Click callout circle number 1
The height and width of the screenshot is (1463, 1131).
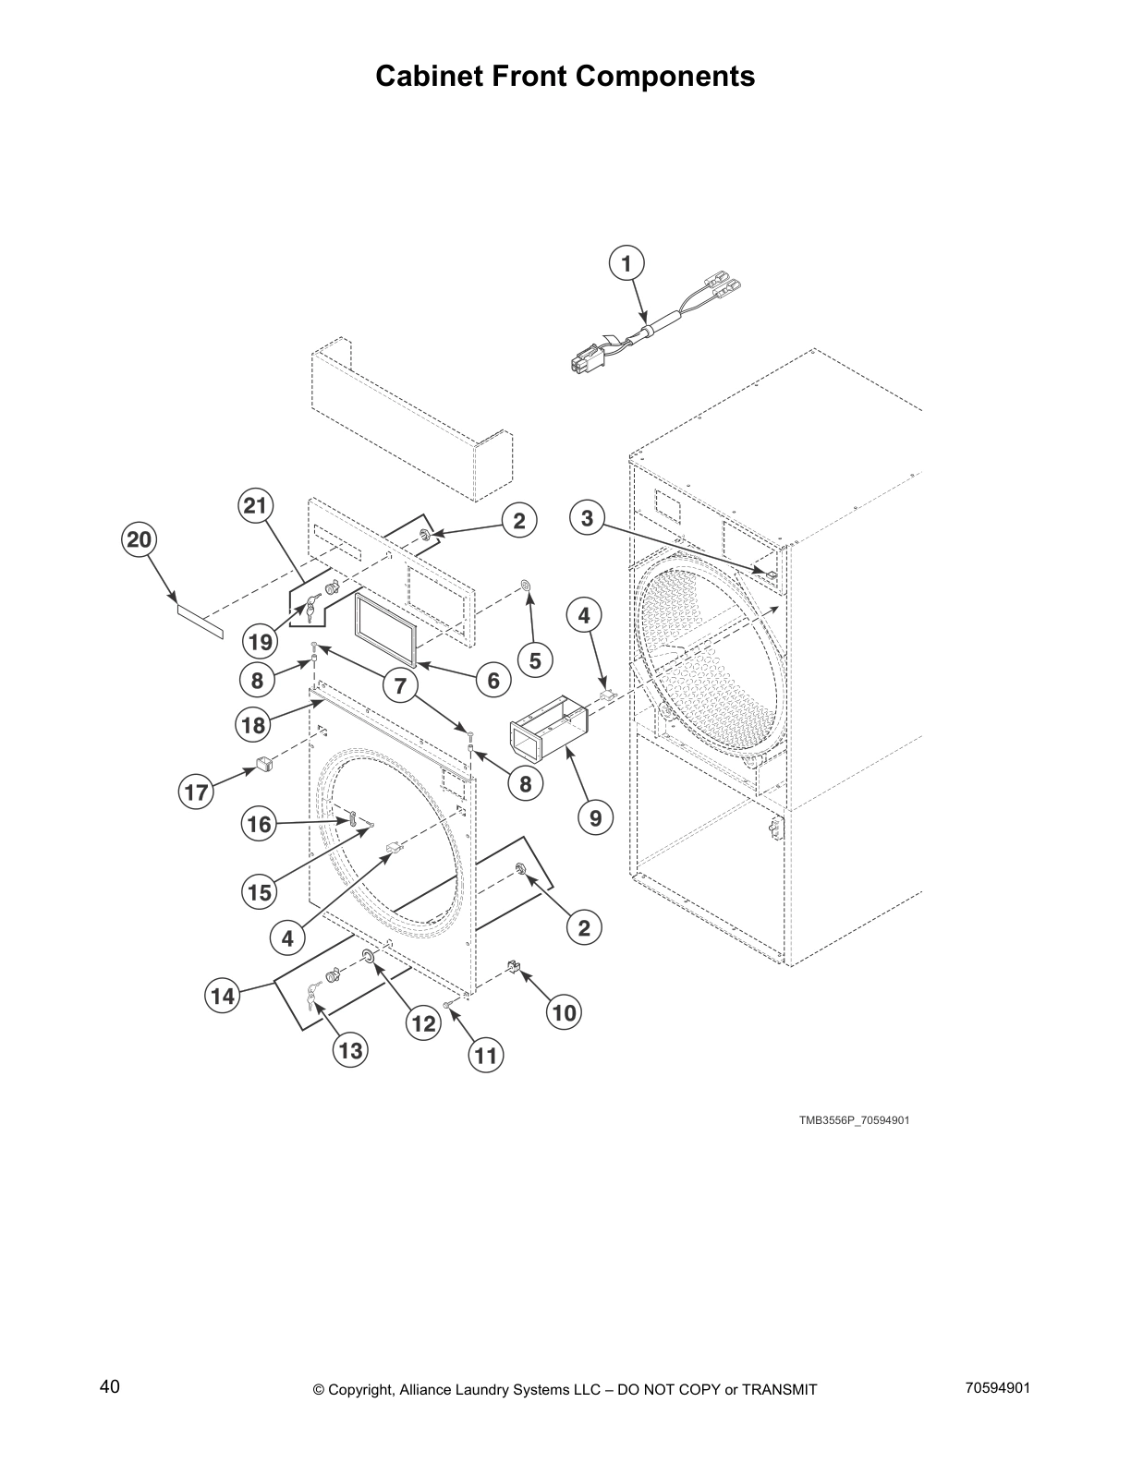[626, 264]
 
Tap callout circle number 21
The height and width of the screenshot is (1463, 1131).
[254, 505]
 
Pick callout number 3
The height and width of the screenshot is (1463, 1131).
[588, 518]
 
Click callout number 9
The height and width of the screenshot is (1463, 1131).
[595, 817]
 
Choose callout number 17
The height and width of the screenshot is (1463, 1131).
[196, 792]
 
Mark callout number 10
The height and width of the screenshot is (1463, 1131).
[564, 1013]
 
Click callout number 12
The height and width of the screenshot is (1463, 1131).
[423, 1023]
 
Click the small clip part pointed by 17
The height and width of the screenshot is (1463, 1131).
[262, 765]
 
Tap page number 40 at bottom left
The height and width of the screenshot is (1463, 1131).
[109, 1386]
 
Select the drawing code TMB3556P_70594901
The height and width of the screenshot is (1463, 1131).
[855, 1120]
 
